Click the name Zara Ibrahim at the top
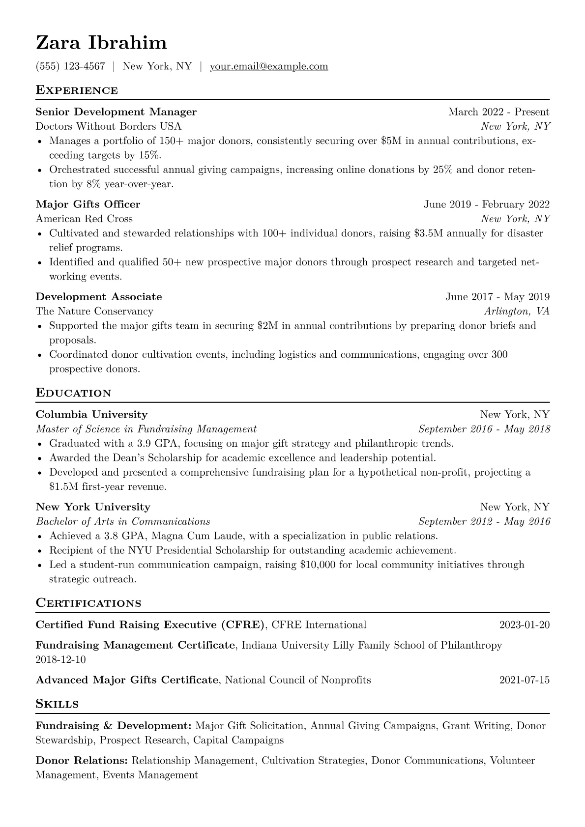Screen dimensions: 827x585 click(101, 43)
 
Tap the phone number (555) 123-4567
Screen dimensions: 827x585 click(70, 66)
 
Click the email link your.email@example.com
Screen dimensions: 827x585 click(269, 66)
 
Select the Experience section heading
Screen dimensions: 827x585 click(77, 90)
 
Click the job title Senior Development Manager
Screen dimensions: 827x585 click(116, 112)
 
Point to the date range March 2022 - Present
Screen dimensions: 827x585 click(498, 112)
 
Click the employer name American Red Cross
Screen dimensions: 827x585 click(84, 219)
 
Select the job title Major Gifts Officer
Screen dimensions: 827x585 click(88, 204)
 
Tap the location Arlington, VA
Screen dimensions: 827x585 click(517, 311)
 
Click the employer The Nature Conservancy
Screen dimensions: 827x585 click(94, 311)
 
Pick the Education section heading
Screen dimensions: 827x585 click(73, 393)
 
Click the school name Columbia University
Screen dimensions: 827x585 click(91, 415)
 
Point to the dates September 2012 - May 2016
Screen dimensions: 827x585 click(484, 521)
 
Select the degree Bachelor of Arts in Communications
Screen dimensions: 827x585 click(123, 521)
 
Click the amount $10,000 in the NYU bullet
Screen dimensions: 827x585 click(318, 565)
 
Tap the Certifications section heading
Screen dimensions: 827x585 click(88, 603)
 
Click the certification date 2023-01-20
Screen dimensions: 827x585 click(524, 625)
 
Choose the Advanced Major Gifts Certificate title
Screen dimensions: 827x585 click(127, 680)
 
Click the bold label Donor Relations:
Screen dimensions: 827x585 click(82, 761)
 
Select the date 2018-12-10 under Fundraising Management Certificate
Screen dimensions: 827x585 click(60, 659)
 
